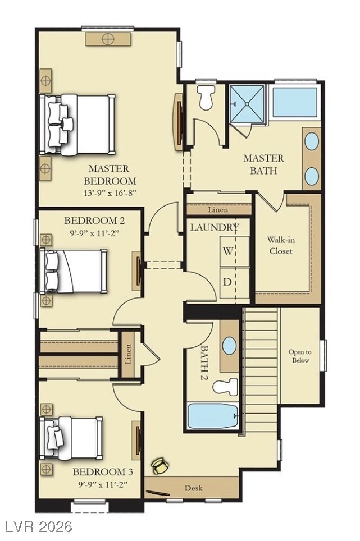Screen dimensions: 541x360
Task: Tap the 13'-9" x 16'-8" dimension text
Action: click(110, 192)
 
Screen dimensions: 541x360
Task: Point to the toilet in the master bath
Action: click(206, 98)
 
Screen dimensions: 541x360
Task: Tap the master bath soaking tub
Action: click(295, 102)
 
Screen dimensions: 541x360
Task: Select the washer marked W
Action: click(227, 251)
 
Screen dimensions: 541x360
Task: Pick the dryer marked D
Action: click(227, 282)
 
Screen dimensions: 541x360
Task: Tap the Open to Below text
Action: click(300, 356)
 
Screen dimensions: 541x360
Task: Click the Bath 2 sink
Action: click(229, 346)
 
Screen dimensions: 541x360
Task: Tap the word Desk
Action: click(194, 488)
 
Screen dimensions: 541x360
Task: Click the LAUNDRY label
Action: click(214, 227)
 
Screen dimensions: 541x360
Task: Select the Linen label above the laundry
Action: click(218, 210)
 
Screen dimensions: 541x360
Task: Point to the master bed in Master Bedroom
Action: click(79, 125)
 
